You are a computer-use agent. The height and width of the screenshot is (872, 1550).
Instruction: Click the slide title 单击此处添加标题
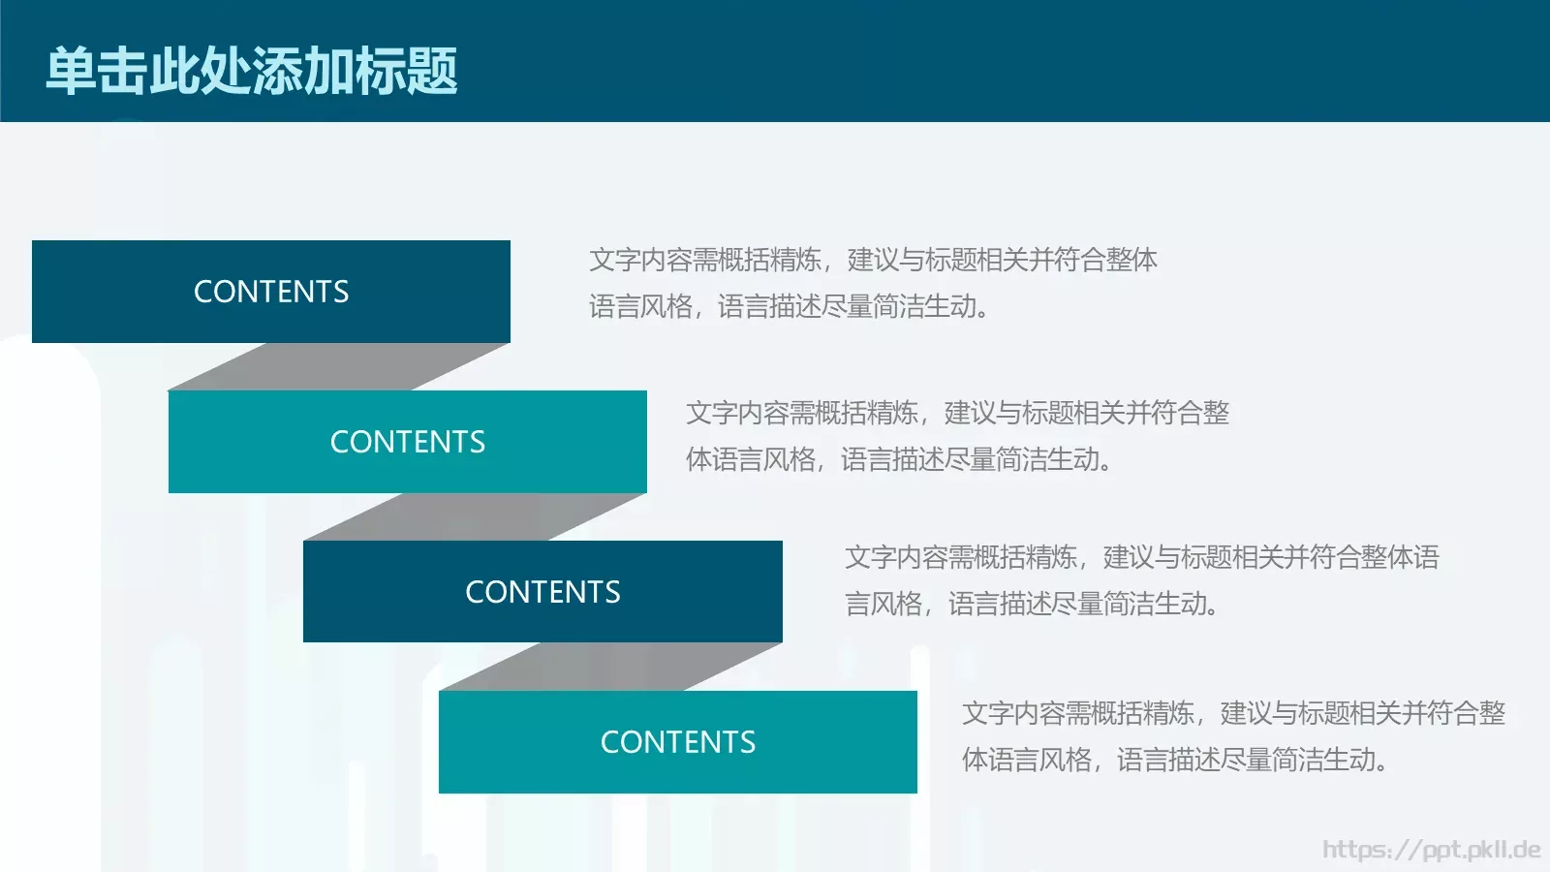tap(252, 71)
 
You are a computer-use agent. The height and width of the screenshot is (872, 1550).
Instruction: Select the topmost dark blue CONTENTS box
tap(271, 291)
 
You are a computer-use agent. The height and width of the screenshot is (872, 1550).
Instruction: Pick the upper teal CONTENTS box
tap(407, 442)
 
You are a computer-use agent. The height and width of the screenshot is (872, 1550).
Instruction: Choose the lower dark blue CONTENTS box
tap(542, 591)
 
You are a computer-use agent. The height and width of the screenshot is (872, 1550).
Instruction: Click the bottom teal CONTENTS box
tap(678, 742)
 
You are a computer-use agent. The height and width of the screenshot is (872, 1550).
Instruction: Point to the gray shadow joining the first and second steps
tap(339, 366)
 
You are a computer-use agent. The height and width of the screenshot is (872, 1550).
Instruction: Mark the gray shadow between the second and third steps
tap(475, 516)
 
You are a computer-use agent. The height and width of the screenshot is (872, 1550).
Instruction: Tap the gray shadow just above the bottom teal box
tap(610, 667)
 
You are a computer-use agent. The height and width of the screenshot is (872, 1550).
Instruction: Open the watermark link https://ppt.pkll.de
tap(1431, 850)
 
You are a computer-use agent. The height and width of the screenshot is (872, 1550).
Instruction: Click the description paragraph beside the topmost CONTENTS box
tap(872, 283)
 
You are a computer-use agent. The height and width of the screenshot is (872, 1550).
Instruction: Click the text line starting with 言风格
tap(1031, 604)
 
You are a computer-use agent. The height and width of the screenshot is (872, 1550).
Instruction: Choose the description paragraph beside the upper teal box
tap(957, 436)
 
